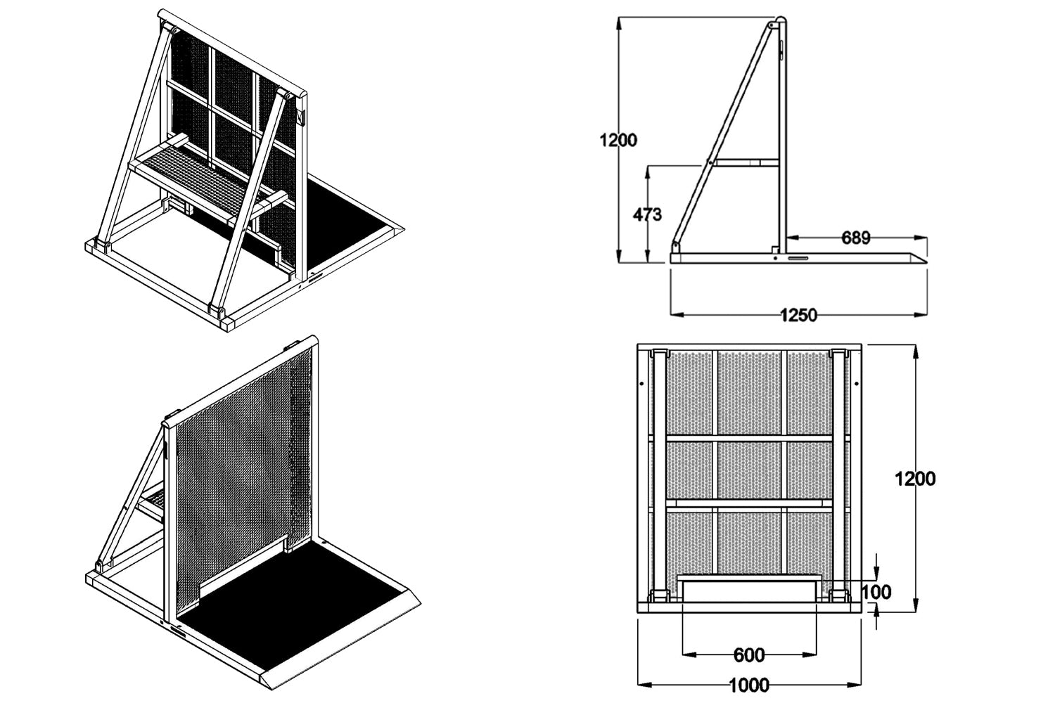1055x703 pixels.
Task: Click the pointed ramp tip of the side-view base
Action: coord(926,262)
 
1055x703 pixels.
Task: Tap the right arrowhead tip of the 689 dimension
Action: coord(927,238)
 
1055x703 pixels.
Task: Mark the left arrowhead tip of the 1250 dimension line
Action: coord(670,314)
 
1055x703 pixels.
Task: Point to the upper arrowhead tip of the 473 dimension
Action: coord(648,166)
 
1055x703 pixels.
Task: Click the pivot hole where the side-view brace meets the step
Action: coord(710,162)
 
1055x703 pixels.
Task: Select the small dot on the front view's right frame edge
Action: coord(856,384)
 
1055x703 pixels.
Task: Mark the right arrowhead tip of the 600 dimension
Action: coord(816,654)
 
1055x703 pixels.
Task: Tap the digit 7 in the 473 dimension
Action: coord(648,214)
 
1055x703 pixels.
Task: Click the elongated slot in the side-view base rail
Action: coord(798,258)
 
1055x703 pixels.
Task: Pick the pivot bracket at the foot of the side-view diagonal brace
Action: coord(676,246)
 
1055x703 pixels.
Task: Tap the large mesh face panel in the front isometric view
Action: coord(243,480)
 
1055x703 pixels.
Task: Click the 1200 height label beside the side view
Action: coord(618,140)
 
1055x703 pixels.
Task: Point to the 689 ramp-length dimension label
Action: coord(855,238)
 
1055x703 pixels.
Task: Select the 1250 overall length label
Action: coord(798,314)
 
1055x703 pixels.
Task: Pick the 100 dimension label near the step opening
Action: coord(876,592)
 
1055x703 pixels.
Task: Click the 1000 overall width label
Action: coord(749,685)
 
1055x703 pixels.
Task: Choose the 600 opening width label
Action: coord(749,654)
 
